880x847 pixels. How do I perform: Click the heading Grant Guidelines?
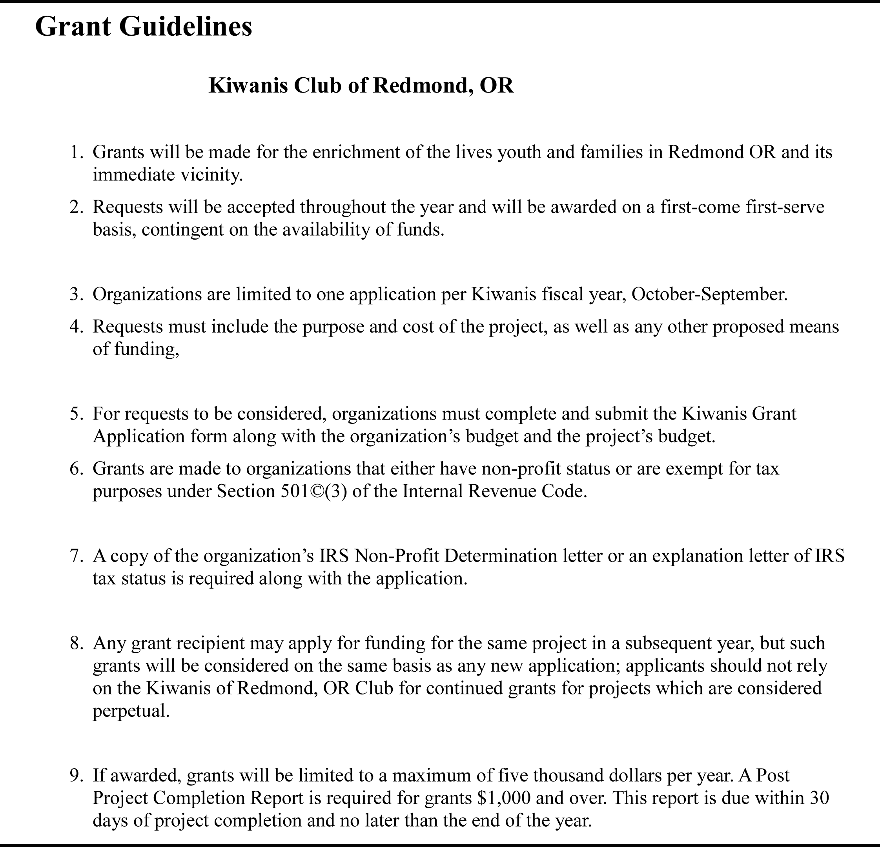pyautogui.click(x=143, y=26)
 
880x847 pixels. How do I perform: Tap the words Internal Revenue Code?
pyautogui.click(x=494, y=491)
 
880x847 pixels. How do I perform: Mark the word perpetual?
pyautogui.click(x=131, y=711)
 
